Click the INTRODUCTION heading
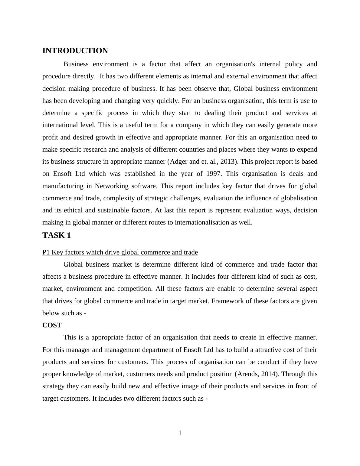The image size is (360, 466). pos(75,51)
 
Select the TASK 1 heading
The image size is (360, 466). pos(57,235)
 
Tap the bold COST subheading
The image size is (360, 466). pos(52,325)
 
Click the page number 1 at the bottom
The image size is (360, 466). pos(180,433)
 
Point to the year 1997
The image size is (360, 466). pos(214,174)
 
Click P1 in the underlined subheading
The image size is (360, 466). pos(46,252)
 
